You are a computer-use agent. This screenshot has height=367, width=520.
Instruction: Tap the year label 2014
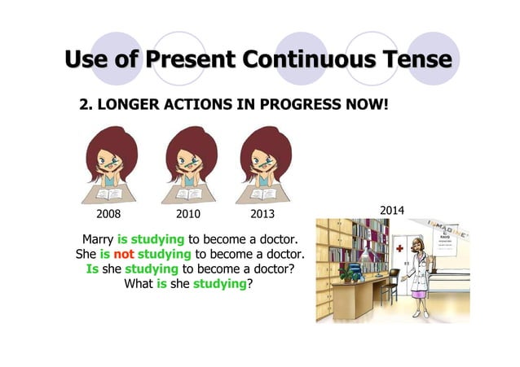pyautogui.click(x=392, y=211)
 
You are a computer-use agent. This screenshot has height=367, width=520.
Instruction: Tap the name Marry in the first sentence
pyautogui.click(x=98, y=240)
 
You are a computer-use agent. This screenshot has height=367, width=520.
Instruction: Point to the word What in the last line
pyautogui.click(x=138, y=284)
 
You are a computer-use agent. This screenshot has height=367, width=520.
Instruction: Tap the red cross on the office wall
pyautogui.click(x=399, y=249)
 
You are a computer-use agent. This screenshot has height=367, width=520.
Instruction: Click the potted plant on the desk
pyautogui.click(x=352, y=273)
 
